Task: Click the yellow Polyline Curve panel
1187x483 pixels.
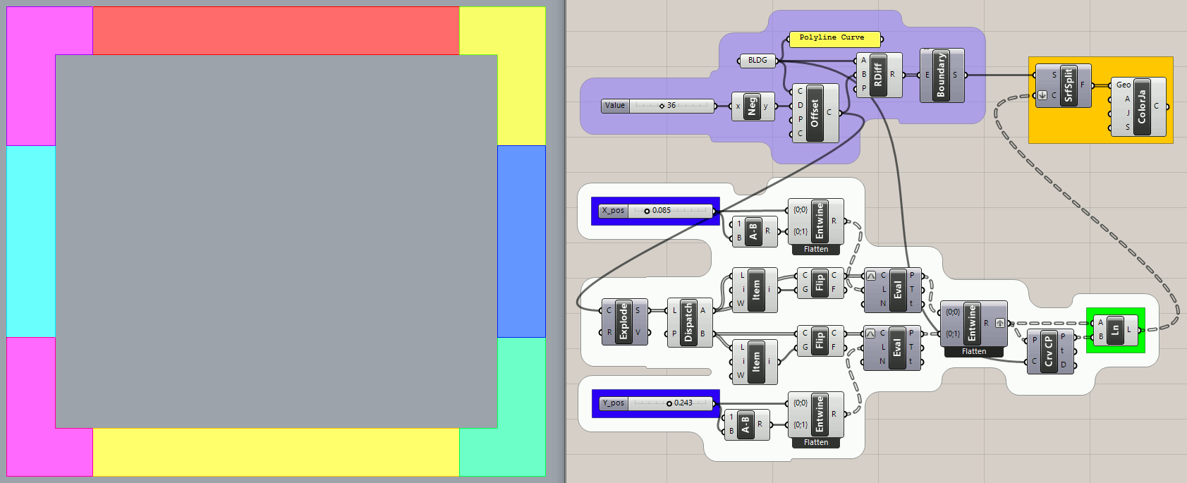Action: click(x=834, y=38)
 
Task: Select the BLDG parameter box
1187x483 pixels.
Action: click(x=757, y=61)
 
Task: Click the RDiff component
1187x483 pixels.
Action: click(x=878, y=74)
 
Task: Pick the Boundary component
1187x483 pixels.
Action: click(x=941, y=75)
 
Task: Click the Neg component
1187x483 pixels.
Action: click(x=752, y=106)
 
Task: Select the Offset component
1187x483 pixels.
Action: click(x=815, y=113)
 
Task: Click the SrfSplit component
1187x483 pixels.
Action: click(x=1068, y=85)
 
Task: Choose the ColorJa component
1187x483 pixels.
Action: click(x=1142, y=106)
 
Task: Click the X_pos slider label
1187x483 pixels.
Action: click(x=614, y=211)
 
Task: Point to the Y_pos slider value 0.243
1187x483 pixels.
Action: click(x=683, y=403)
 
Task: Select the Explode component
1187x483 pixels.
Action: click(x=623, y=322)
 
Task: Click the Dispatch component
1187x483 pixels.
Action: click(x=689, y=322)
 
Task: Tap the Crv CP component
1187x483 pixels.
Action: click(x=1049, y=350)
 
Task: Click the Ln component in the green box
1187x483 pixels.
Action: click(x=1115, y=329)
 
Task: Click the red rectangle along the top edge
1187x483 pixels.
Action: click(x=275, y=30)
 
